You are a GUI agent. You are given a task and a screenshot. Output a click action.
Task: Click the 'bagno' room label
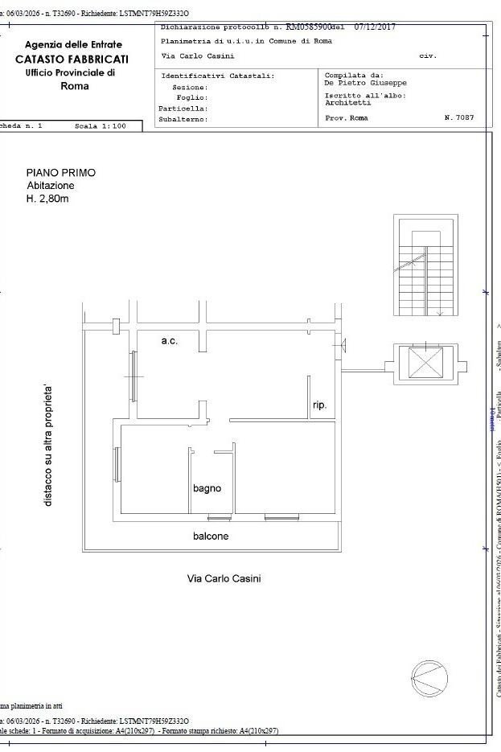click(x=207, y=488)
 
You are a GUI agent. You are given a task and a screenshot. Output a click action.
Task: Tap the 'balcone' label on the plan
click(x=211, y=536)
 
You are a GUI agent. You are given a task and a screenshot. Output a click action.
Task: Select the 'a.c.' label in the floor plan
click(x=169, y=341)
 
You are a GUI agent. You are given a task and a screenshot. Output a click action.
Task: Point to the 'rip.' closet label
click(x=319, y=405)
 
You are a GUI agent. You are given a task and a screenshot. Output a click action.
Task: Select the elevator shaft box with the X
click(x=425, y=362)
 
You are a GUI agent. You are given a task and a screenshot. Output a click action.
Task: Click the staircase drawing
click(x=425, y=267)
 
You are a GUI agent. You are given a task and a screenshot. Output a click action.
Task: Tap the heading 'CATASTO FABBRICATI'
click(x=72, y=59)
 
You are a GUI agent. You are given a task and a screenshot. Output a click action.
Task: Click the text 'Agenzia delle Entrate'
click(x=74, y=45)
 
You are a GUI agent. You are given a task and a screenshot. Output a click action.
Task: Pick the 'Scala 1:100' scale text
click(x=101, y=126)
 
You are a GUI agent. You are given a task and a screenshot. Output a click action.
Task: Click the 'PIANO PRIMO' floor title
click(x=60, y=173)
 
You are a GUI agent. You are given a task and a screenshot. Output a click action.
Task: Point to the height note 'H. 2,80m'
click(x=47, y=199)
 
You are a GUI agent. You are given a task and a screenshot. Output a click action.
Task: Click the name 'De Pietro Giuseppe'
click(x=365, y=82)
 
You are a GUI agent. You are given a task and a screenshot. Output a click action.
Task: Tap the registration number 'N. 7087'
click(x=458, y=117)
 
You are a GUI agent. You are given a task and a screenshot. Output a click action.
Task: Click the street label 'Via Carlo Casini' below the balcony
click(x=224, y=578)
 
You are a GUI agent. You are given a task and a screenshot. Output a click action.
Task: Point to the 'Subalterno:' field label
click(x=183, y=119)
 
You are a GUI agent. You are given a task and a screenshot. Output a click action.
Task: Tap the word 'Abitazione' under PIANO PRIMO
click(x=51, y=186)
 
